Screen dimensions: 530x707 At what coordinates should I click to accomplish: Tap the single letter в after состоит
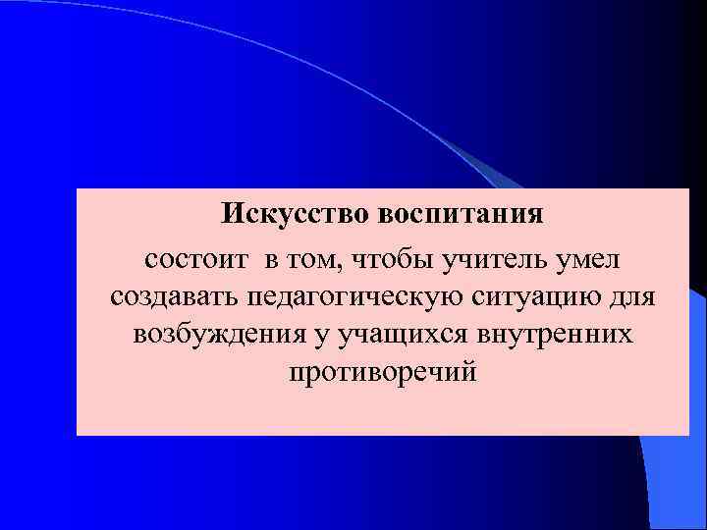pos(268,261)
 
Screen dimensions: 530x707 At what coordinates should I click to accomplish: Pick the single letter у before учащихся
pos(322,337)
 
